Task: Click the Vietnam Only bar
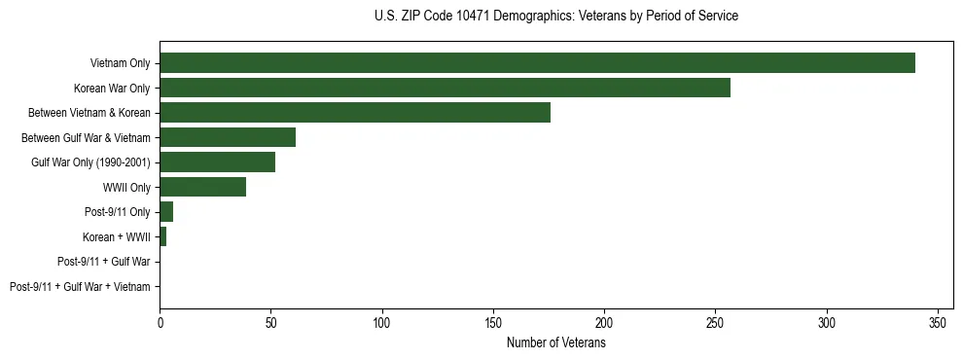click(x=537, y=63)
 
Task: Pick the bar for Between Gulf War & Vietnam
click(x=228, y=137)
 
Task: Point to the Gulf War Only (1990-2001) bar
click(x=217, y=162)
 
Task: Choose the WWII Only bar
click(x=202, y=187)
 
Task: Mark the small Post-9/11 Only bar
click(x=166, y=212)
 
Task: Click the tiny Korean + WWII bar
click(x=162, y=236)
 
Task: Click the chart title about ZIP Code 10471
click(x=555, y=17)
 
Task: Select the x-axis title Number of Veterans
click(x=555, y=343)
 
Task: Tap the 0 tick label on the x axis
click(x=160, y=322)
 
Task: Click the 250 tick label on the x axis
click(x=716, y=322)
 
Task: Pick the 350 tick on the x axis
click(x=938, y=322)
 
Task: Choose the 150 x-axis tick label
click(x=493, y=322)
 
